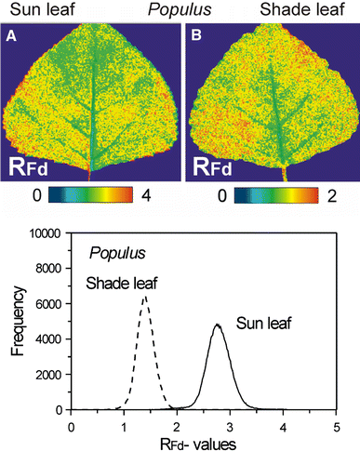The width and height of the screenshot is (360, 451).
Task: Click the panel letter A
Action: coord(13,38)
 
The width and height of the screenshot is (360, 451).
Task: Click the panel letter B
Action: coord(198,38)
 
